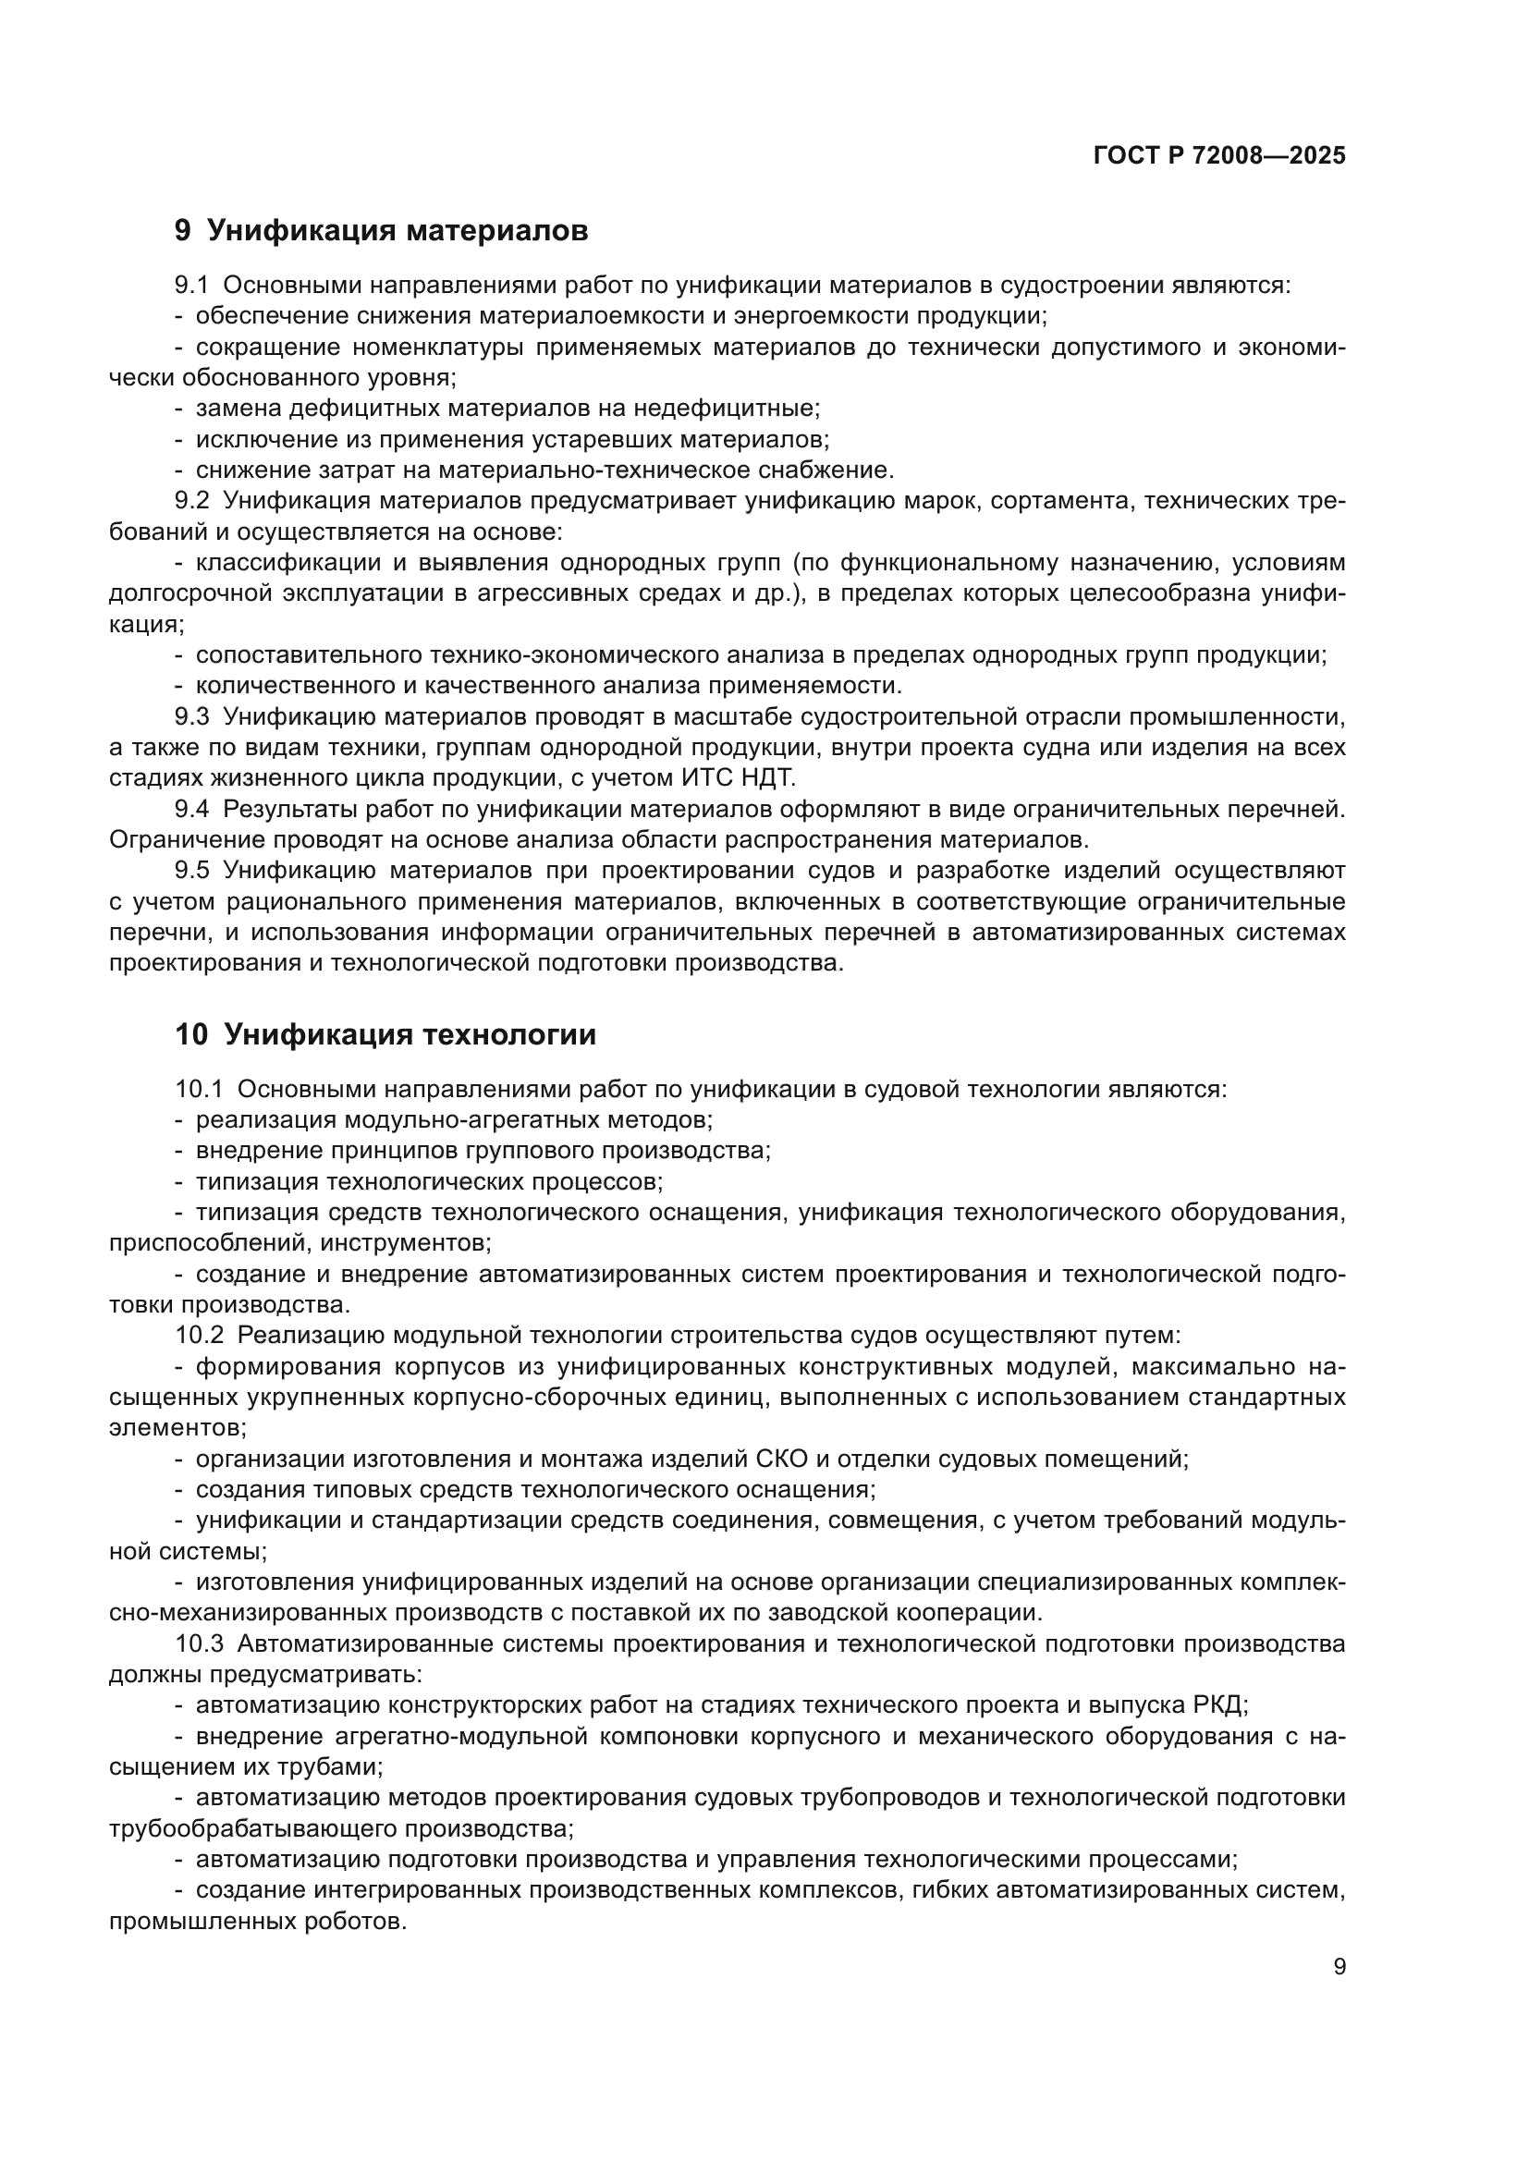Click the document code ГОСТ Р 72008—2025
(1219, 156)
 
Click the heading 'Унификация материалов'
(397, 231)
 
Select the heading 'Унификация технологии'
(410, 1035)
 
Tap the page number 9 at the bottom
(1339, 1967)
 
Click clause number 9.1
(191, 286)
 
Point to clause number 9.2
(191, 501)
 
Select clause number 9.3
(191, 716)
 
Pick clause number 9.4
(191, 809)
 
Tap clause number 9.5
(191, 870)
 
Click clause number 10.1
(199, 1090)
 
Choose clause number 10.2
(199, 1337)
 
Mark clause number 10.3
(199, 1644)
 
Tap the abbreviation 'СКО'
(778, 1460)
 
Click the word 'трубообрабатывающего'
(253, 1828)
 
